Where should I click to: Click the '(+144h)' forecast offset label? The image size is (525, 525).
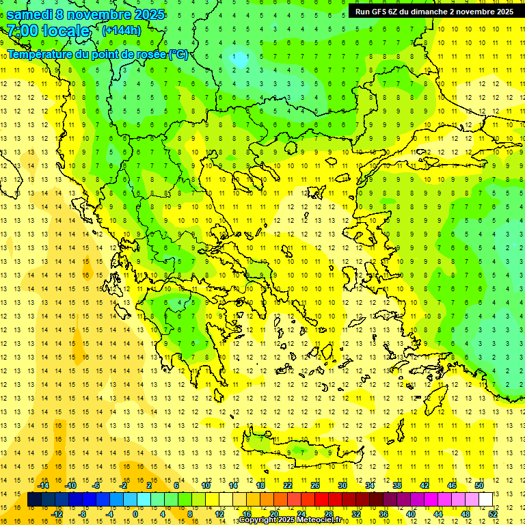(121, 30)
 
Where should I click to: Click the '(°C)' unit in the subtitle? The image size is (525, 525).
(178, 54)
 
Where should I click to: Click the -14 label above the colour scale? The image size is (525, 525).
(43, 485)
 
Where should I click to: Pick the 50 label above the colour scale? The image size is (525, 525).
(479, 485)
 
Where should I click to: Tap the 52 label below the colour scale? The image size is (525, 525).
(493, 513)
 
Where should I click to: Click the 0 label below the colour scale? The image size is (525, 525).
(135, 513)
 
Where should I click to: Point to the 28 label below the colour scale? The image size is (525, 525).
(328, 513)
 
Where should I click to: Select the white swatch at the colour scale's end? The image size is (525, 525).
(486, 499)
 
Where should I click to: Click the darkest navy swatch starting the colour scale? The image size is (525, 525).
(34, 499)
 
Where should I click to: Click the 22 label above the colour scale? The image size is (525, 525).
(288, 485)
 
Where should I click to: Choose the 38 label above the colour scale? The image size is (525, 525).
(397, 485)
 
